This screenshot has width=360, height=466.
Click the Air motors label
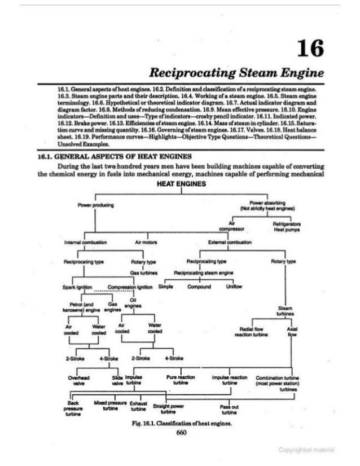coord(146,243)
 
